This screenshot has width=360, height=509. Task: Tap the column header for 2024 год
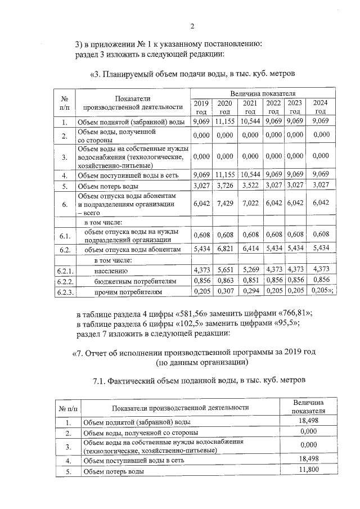tap(320, 107)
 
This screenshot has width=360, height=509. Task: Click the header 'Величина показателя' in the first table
tap(263, 93)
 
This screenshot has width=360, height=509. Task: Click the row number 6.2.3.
tap(65, 292)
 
